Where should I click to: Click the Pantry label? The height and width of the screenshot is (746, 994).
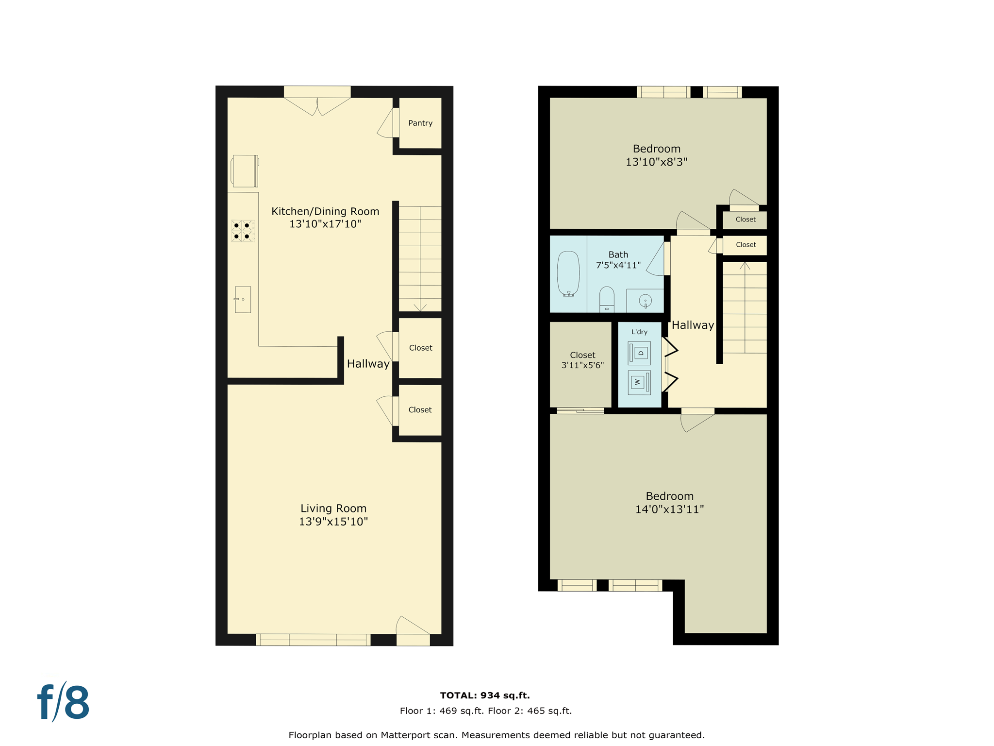[420, 123]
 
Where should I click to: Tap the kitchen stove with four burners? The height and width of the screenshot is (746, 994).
[242, 231]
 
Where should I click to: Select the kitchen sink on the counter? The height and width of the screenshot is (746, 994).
[243, 299]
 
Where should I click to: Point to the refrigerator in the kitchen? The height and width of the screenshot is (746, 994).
[245, 170]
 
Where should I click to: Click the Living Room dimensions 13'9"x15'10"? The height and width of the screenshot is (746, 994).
[333, 522]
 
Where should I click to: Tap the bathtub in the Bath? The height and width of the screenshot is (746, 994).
[568, 273]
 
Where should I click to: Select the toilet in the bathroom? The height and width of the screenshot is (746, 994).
[607, 299]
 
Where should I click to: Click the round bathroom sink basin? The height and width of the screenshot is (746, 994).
[645, 301]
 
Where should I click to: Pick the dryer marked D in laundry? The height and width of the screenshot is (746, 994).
[639, 353]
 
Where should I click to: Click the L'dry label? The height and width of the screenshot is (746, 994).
[639, 332]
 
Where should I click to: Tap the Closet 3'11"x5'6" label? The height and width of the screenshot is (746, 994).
[582, 360]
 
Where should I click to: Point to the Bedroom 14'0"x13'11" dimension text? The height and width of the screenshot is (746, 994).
[669, 509]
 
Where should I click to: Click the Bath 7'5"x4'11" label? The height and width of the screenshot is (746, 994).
[618, 260]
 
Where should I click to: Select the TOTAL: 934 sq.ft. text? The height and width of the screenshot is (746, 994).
[484, 695]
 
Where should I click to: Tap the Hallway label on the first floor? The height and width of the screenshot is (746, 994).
[368, 364]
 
